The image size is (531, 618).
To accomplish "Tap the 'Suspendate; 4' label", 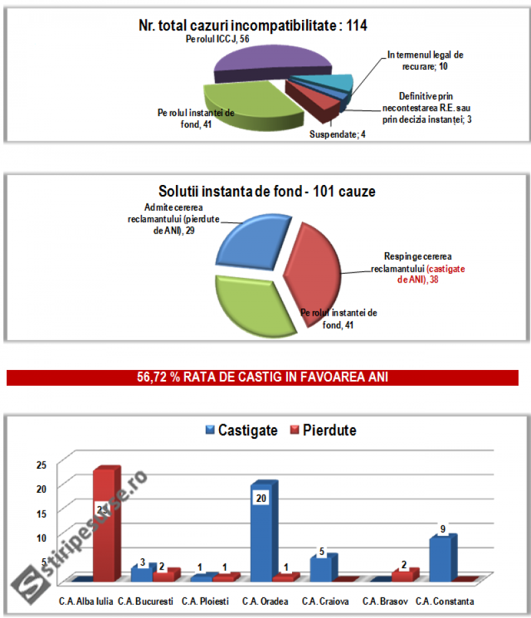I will pos(338,135).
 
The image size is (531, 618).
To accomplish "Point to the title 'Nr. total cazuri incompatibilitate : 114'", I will pos(253,26).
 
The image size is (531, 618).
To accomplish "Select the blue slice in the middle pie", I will pos(252,245).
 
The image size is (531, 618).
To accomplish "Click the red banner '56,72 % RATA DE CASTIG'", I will pos(262,378).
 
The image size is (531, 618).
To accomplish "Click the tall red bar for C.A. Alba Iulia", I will pos(106,524).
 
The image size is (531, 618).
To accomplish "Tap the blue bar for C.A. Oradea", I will pos(262,530).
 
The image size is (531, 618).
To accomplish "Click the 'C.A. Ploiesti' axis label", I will pos(205,602).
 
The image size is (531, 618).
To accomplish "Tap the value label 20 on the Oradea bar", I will pos(261,498).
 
